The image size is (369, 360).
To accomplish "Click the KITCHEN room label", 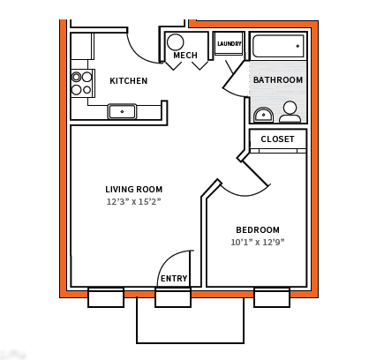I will click(128, 81).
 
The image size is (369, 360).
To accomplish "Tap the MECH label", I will click(185, 56).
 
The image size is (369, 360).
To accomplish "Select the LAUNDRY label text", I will click(230, 43).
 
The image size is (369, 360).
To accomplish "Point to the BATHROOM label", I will click(278, 80).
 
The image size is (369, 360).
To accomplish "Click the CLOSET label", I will click(277, 139).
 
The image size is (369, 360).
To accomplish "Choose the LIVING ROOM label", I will click(134, 190).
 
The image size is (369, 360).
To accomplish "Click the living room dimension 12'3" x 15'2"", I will click(134, 202).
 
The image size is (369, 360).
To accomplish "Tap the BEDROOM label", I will click(258, 230).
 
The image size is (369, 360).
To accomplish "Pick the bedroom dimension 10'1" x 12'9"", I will click(258, 243).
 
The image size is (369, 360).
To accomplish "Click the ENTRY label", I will click(174, 279).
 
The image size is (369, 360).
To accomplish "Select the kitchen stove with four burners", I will click(82, 83).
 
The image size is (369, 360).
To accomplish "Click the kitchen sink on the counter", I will click(122, 111).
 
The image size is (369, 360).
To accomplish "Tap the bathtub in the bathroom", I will click(278, 45).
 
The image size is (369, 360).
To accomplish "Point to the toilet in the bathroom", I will click(290, 112).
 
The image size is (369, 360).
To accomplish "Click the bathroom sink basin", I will click(263, 115).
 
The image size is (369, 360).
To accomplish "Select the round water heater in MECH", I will click(176, 42).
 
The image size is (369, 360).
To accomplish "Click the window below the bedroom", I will click(272, 297).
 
